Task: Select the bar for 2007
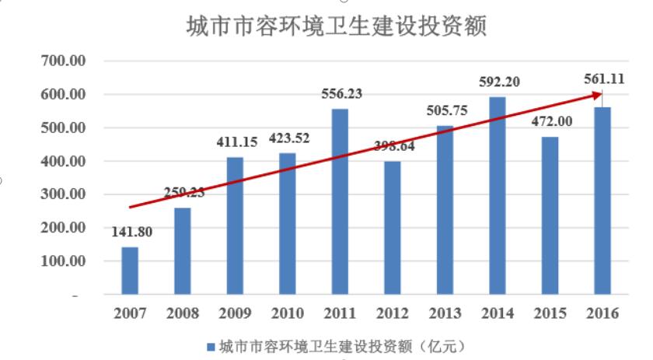[130, 271]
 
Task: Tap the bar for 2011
[340, 202]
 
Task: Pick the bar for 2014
[498, 196]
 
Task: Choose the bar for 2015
[550, 216]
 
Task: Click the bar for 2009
[235, 226]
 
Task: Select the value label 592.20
[498, 81]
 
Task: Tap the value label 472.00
[550, 121]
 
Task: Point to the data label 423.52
[288, 139]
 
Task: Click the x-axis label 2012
[393, 314]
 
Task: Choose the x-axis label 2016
[603, 314]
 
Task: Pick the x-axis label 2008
[182, 314]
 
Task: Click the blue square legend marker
[210, 346]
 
